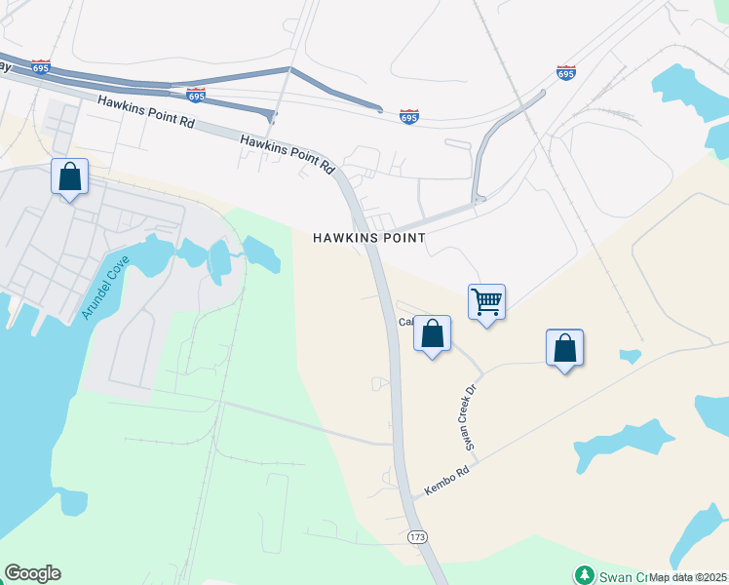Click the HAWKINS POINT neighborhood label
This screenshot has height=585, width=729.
[369, 238]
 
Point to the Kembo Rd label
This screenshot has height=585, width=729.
[447, 483]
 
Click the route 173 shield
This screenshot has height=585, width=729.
[417, 538]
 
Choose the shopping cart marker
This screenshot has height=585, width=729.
[486, 302]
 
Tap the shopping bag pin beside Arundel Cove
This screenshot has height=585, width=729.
[69, 176]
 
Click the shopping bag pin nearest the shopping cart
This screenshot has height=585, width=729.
[433, 333]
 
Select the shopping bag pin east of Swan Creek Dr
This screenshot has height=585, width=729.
[565, 347]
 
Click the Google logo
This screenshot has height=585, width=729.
[32, 573]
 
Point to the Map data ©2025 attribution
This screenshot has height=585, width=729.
[687, 577]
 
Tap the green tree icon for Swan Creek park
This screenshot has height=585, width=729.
[584, 574]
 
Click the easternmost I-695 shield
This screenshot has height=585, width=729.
[565, 73]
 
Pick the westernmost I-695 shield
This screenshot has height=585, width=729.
[41, 67]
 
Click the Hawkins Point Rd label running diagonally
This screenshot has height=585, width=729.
[288, 154]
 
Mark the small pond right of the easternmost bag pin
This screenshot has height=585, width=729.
[631, 356]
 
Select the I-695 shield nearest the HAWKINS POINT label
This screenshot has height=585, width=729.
[409, 117]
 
